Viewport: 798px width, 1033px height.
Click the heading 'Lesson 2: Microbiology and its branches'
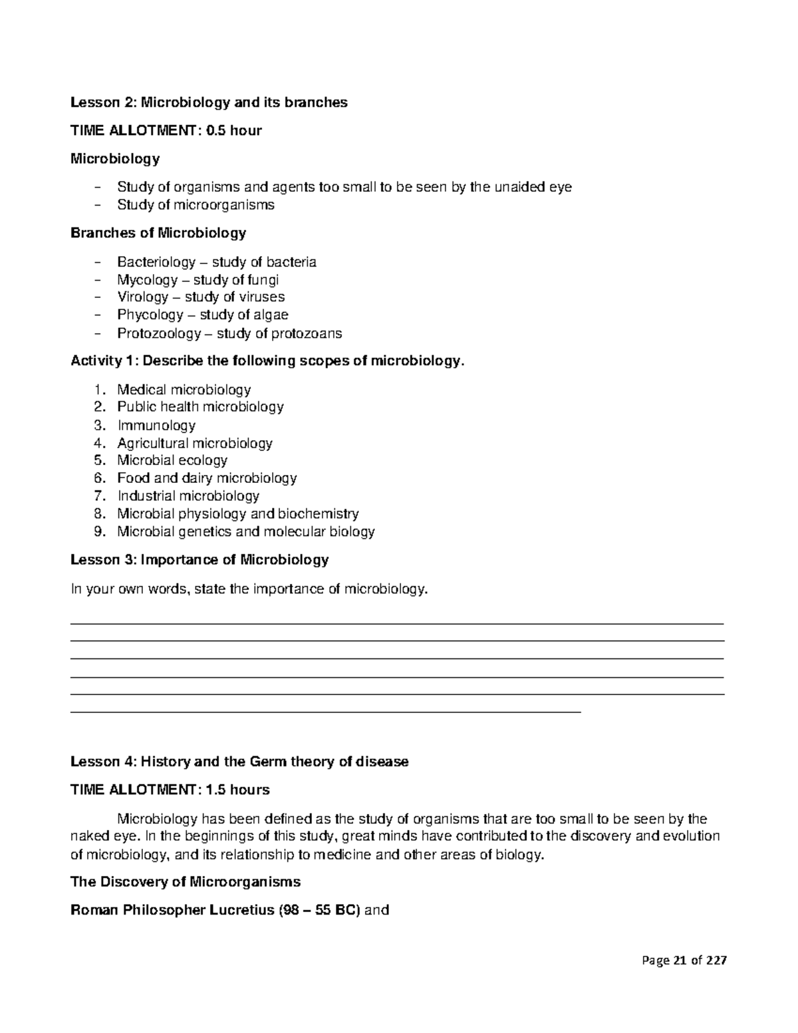(x=209, y=102)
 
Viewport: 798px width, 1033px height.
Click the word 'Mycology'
(x=147, y=280)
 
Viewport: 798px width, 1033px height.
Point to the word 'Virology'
(x=142, y=297)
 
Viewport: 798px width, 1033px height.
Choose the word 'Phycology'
(x=150, y=315)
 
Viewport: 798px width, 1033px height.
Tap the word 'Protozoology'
(x=158, y=333)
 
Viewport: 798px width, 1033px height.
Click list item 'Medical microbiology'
(x=184, y=390)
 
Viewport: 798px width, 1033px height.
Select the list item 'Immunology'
(x=156, y=425)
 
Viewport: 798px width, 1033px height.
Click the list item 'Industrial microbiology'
(x=188, y=496)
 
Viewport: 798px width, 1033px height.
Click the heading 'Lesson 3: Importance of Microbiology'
(x=199, y=560)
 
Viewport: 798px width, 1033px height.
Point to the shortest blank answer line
(x=325, y=712)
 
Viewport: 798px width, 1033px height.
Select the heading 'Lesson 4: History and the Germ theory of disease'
(x=239, y=762)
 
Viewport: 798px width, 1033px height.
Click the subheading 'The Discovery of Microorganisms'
(x=186, y=882)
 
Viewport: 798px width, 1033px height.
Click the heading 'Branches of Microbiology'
(x=158, y=233)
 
